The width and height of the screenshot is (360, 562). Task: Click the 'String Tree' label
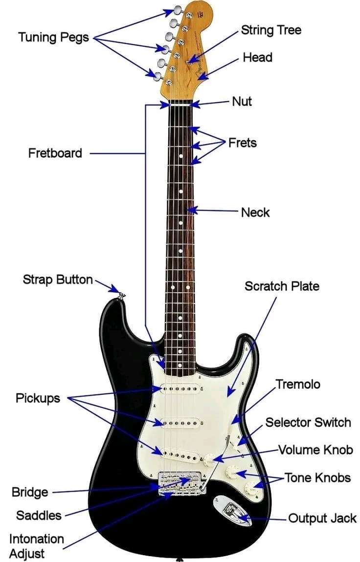pos(271,30)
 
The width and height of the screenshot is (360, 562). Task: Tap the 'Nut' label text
pos(242,101)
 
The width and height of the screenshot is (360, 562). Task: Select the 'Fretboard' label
pos(55,153)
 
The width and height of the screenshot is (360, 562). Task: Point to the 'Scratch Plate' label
pos(282,286)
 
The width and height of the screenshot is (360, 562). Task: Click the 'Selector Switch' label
pos(308,422)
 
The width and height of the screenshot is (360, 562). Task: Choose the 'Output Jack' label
pos(322,518)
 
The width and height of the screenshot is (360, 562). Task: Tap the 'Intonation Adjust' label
pos(36,546)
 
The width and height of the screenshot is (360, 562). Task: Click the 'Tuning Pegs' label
pos(54,37)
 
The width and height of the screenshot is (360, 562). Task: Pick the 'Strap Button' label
pos(58,280)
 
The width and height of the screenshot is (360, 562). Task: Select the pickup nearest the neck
pos(181,389)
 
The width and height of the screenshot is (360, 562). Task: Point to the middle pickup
pos(181,422)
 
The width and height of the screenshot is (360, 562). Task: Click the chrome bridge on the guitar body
pos(180,482)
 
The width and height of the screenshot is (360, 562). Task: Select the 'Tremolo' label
pos(298,384)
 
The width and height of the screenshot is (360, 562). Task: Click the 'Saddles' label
pos(39,515)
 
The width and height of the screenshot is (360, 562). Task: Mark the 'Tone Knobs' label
pos(317,477)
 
